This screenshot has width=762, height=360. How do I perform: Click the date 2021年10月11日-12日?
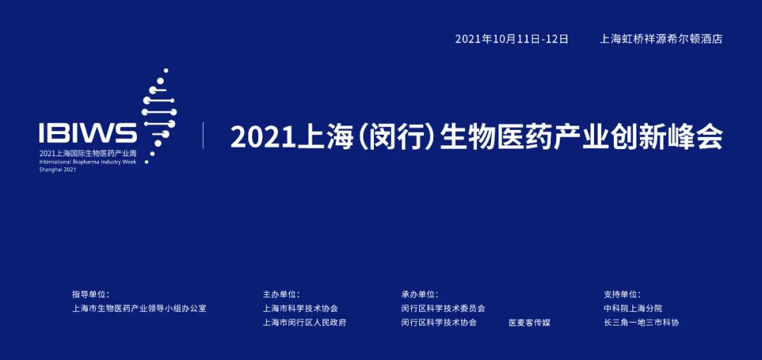click(512, 39)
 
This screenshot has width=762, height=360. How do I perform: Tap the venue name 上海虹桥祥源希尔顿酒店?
click(661, 39)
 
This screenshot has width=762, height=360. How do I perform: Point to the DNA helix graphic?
click(159, 116)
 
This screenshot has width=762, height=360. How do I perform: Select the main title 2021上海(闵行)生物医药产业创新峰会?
click(477, 138)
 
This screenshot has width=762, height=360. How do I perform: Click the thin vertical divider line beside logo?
click(203, 136)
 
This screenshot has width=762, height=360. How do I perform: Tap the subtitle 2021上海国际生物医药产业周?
click(87, 153)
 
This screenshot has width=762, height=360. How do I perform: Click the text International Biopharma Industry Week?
click(88, 162)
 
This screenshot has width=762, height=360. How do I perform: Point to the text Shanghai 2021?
click(58, 170)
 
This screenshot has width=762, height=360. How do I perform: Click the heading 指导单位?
click(91, 294)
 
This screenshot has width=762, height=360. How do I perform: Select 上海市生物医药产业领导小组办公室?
click(139, 308)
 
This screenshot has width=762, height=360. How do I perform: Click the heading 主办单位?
click(282, 294)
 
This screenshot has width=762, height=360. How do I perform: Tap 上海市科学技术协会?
click(301, 308)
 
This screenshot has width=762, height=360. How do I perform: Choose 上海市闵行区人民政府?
click(305, 323)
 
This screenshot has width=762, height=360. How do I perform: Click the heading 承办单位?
click(420, 294)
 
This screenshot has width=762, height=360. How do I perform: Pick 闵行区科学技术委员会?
click(443, 308)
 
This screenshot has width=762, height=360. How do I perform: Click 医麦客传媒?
click(530, 323)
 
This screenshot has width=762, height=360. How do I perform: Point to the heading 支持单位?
click(622, 294)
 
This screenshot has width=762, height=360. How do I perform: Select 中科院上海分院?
click(633, 308)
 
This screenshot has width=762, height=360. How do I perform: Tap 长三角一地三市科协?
click(641, 323)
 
